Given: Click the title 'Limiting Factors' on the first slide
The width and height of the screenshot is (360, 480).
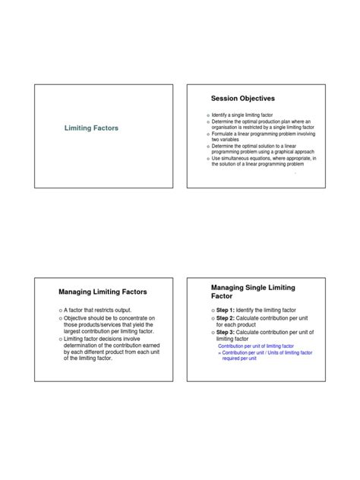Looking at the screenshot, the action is click(90, 130).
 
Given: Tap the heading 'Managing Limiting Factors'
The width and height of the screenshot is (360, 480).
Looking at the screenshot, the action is click(103, 292).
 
